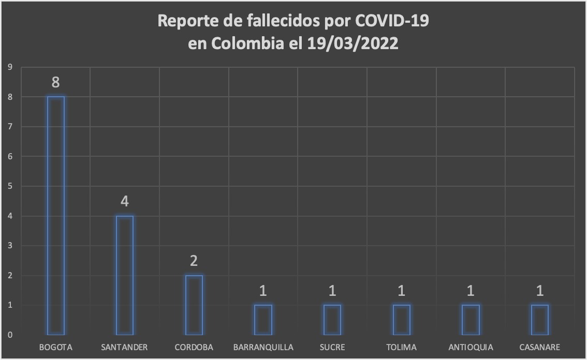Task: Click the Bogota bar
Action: coord(56,215)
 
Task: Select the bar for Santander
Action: coord(125,275)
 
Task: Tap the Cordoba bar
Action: coord(194,305)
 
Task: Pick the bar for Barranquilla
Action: coord(263,320)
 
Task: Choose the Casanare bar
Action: coord(540,320)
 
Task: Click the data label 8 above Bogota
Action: coord(56,82)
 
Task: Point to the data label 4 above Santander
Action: coord(125,201)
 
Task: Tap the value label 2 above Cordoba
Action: coord(194,261)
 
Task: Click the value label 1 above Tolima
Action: coord(402,291)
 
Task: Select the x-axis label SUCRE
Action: coord(332,347)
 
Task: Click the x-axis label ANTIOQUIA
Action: coord(471,347)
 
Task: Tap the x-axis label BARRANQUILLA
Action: coord(263,347)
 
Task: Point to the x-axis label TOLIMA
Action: coord(402,347)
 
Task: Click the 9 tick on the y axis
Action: coord(9,67)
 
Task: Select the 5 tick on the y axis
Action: coord(9,186)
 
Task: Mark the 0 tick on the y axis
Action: coord(9,335)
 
